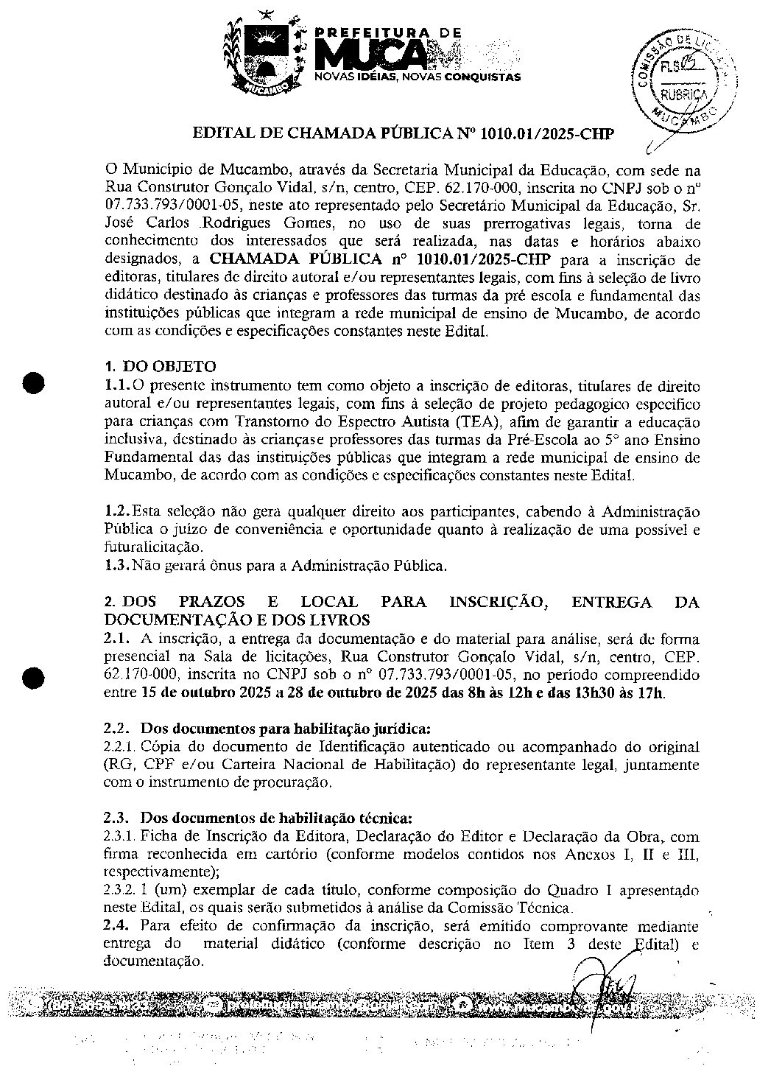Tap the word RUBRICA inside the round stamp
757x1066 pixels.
[682, 95]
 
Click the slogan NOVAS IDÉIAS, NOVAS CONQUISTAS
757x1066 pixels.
[418, 77]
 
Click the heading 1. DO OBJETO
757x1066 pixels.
[160, 367]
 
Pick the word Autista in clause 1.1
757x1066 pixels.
[421, 422]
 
